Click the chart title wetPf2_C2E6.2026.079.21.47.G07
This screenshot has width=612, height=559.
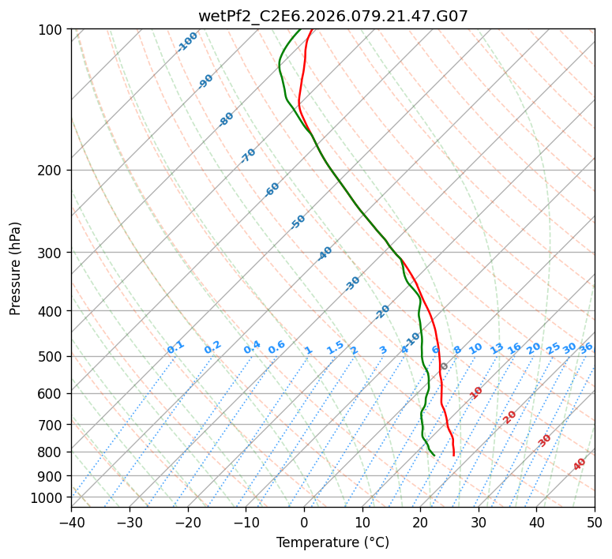pyautogui.click(x=332, y=16)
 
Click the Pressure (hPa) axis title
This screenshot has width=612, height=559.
pyautogui.click(x=16, y=268)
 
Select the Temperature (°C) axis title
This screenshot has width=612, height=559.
pyautogui.click(x=332, y=543)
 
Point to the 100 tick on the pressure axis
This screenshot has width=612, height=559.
pyautogui.click(x=52, y=29)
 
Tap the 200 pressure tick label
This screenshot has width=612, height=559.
pyautogui.click(x=52, y=170)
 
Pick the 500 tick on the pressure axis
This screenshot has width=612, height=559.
pyautogui.click(x=52, y=356)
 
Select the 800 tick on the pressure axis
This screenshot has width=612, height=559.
pyautogui.click(x=52, y=452)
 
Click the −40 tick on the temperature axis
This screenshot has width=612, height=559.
pyautogui.click(x=71, y=522)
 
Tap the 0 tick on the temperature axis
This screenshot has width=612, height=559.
pyautogui.click(x=304, y=522)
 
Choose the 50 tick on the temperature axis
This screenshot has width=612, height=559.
pyautogui.click(x=595, y=522)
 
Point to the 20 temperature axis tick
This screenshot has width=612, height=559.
pyautogui.click(x=420, y=522)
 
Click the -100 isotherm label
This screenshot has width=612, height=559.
pyautogui.click(x=188, y=42)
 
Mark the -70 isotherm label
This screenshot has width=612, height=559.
pyautogui.click(x=248, y=156)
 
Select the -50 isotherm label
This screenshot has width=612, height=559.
pyautogui.click(x=298, y=222)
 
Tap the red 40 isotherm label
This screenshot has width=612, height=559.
pyautogui.click(x=580, y=464)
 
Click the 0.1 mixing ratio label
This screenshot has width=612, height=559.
pyautogui.click(x=175, y=347)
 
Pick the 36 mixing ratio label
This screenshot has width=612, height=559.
pyautogui.click(x=586, y=347)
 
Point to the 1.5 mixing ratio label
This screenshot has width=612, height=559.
pyautogui.click(x=335, y=347)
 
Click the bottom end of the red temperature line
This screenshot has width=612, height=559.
pyautogui.click(x=453, y=455)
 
